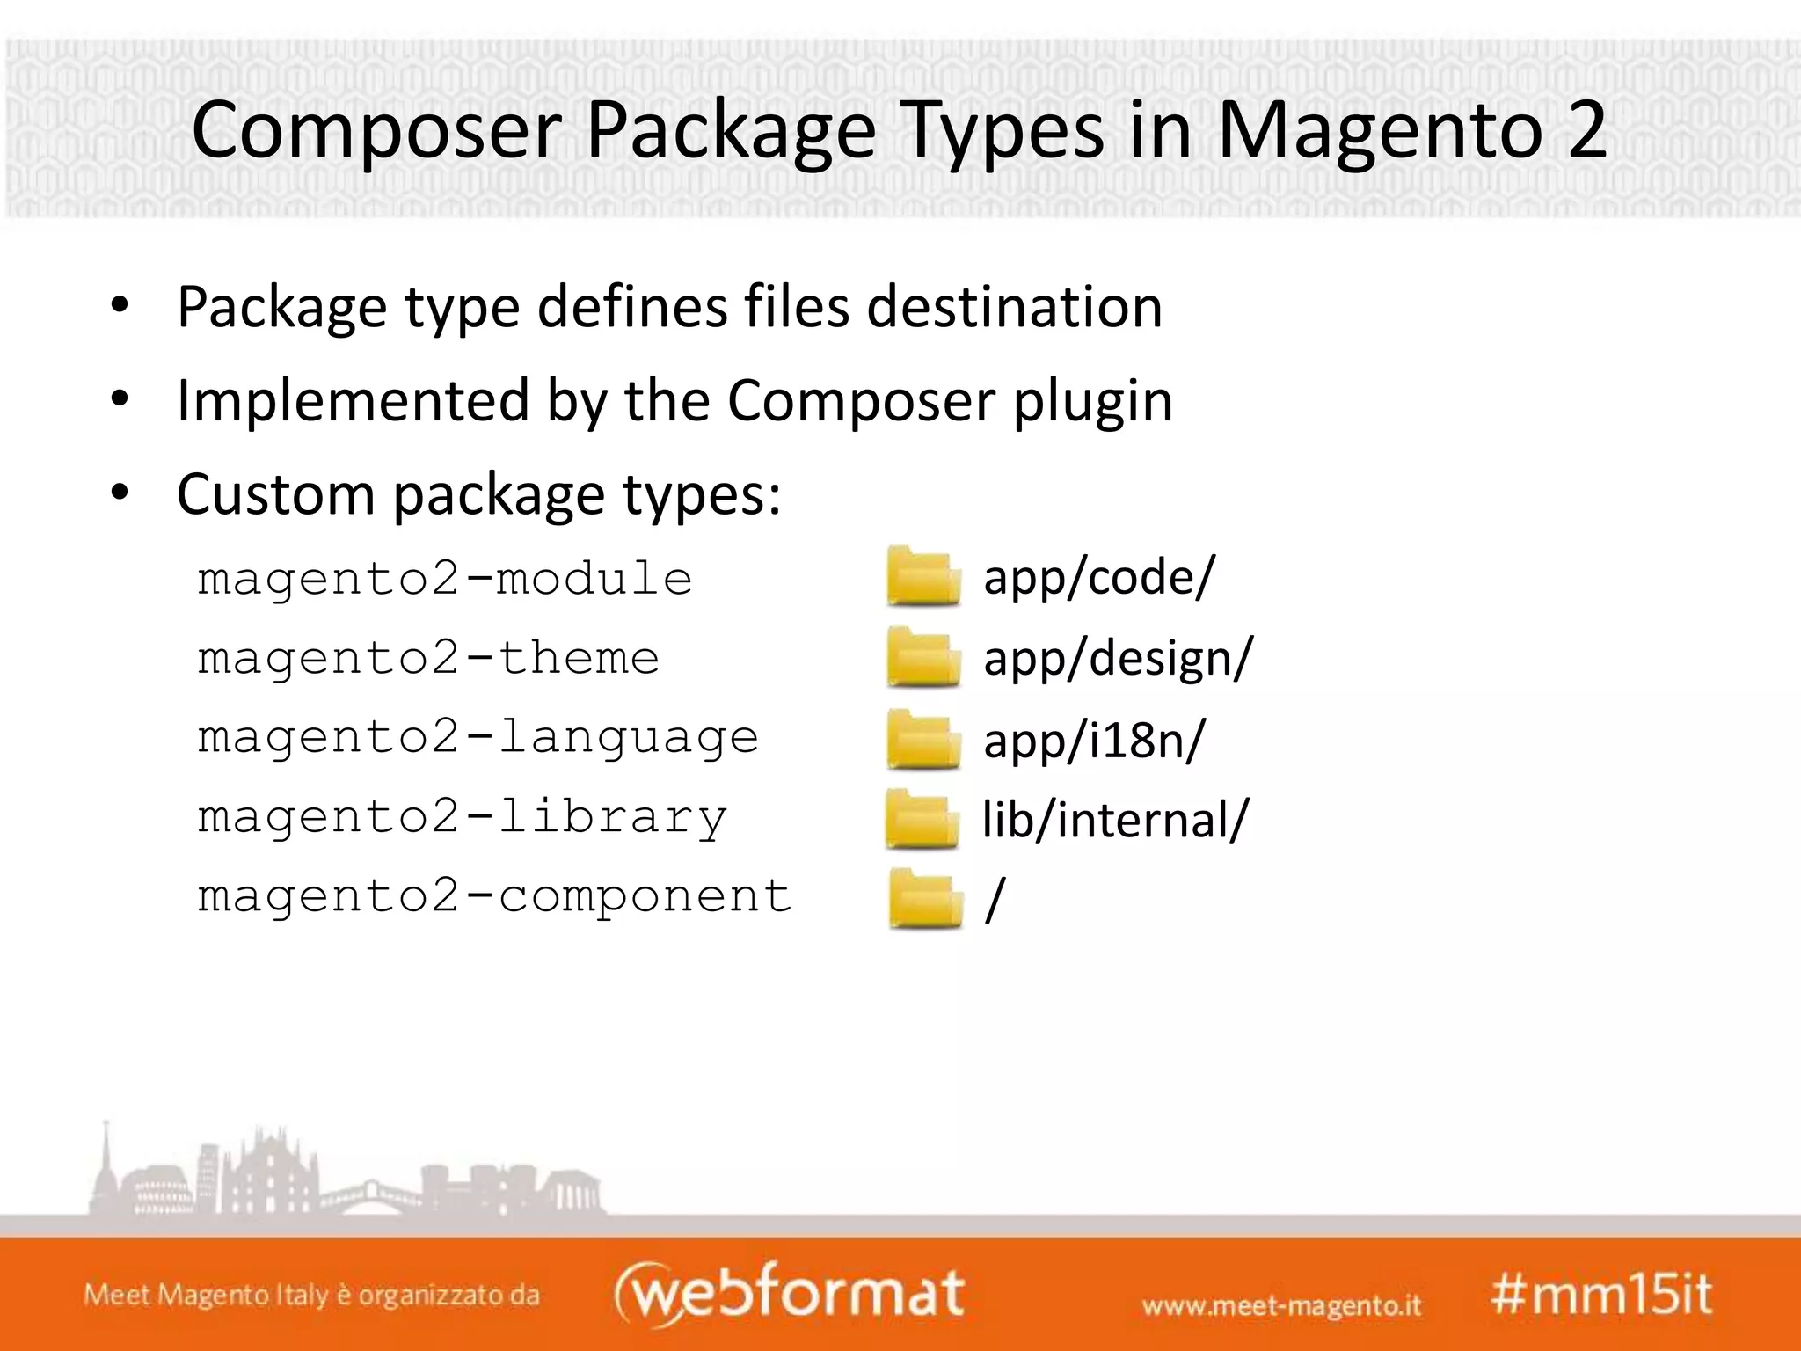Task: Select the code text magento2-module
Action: (445, 580)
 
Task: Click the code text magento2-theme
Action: (428, 659)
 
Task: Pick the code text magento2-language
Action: (478, 738)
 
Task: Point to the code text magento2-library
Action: (463, 817)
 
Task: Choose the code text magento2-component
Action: (494, 896)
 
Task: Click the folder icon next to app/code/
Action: (922, 577)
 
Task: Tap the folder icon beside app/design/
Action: (922, 657)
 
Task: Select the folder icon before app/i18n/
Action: (922, 739)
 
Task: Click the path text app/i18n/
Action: (1094, 740)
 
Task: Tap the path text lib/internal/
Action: (1115, 820)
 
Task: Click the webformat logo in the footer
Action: (790, 1293)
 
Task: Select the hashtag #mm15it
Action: (1601, 1295)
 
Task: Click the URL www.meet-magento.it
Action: (1281, 1305)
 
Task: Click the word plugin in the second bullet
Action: (1093, 401)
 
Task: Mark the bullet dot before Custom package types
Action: (120, 493)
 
